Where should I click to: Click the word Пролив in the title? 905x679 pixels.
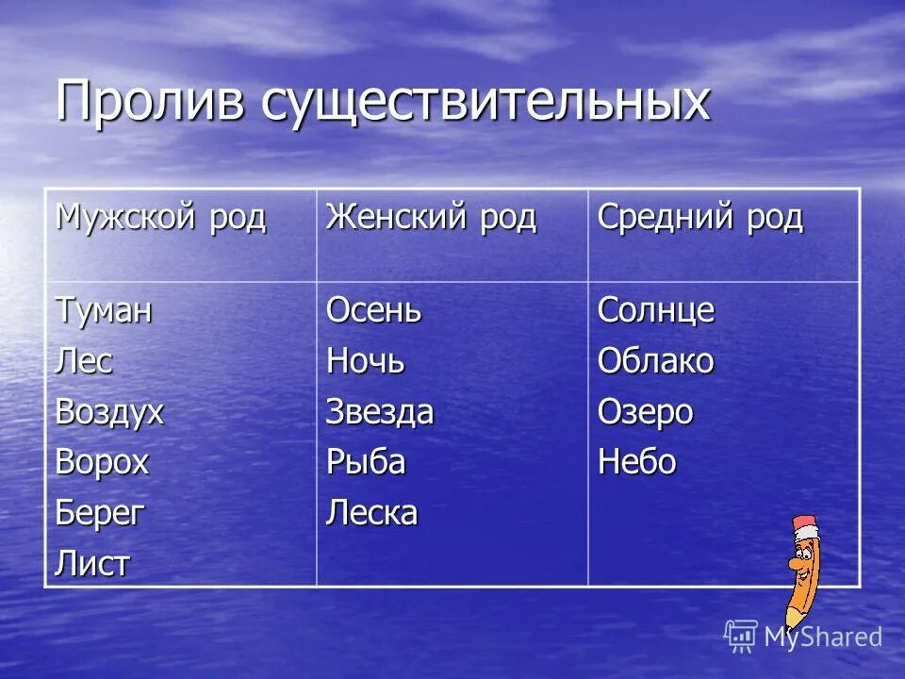[150, 100]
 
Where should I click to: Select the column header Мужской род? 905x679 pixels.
[161, 219]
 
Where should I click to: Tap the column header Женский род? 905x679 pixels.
[431, 219]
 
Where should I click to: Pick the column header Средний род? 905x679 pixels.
[699, 219]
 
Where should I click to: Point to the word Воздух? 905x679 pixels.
[109, 412]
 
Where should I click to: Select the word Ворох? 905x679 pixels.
[102, 463]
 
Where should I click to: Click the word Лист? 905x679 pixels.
[92, 564]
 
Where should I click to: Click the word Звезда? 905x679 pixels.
[380, 412]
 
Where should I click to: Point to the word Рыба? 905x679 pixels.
[366, 463]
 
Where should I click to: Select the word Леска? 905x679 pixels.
[371, 514]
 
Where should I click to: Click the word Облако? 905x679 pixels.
[655, 360]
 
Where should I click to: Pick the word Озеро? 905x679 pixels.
[645, 412]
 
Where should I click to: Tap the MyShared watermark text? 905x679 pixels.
[822, 637]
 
